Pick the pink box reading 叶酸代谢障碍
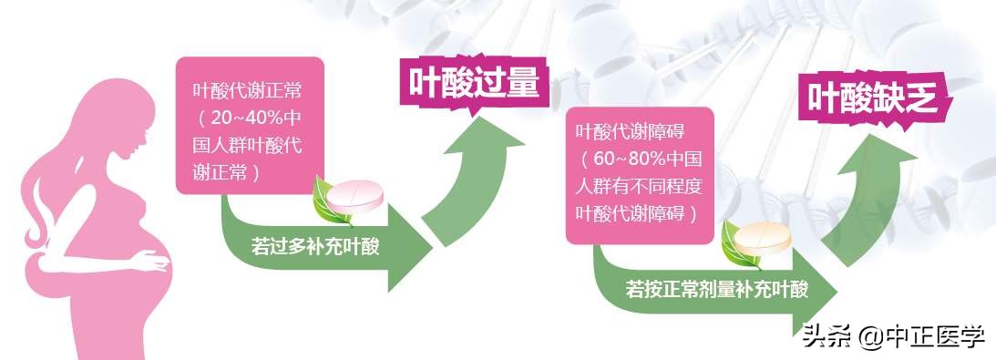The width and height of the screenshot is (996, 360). pyautogui.click(x=635, y=173)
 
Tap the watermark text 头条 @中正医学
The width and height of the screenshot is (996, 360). pyautogui.click(x=893, y=338)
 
